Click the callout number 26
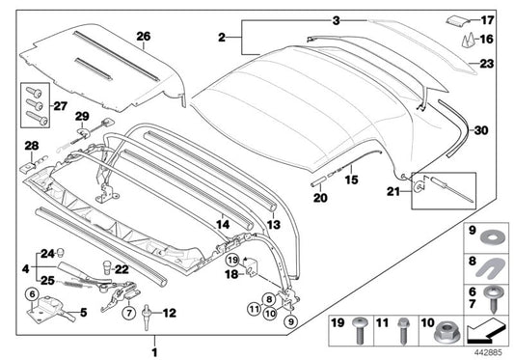click(x=143, y=38)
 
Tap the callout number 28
click(x=30, y=146)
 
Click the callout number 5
click(x=82, y=313)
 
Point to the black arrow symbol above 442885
click(x=486, y=331)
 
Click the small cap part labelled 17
click(x=459, y=17)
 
